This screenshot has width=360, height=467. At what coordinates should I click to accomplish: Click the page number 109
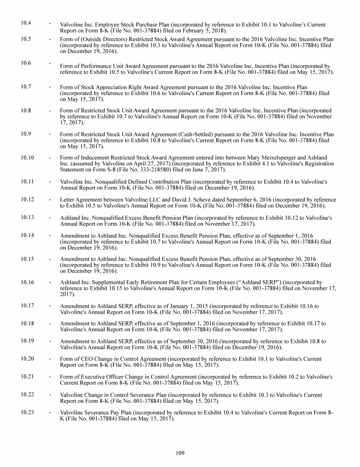point(180,452)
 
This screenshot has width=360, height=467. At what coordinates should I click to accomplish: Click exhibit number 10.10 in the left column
point(28,157)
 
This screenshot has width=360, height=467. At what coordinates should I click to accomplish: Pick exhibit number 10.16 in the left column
point(28,282)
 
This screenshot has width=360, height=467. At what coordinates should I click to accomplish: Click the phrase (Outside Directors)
point(103,39)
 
